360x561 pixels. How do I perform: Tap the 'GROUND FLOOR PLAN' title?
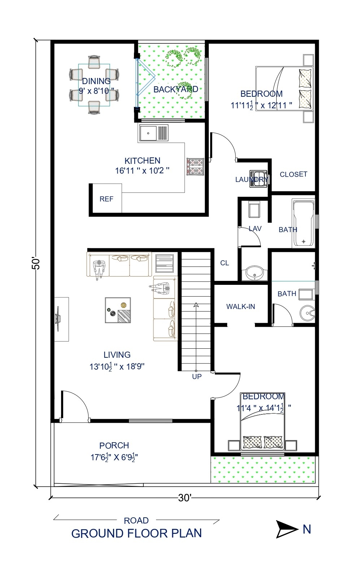point(136,533)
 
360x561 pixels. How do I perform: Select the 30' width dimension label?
point(185,498)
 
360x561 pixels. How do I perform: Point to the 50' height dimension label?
point(36,263)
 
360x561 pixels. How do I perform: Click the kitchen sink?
point(153,133)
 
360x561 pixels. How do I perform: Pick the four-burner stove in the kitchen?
point(195,166)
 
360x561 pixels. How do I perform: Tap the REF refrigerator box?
point(106,199)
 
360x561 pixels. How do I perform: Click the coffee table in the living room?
point(118,310)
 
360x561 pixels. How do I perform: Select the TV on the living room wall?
point(58,319)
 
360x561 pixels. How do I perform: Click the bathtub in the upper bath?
point(303,224)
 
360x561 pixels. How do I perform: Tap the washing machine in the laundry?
point(258,179)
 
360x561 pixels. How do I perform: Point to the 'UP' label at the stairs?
point(197,377)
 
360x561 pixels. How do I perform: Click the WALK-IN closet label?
point(240,306)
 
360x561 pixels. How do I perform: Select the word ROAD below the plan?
point(136,521)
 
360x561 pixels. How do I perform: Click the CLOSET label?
point(293,174)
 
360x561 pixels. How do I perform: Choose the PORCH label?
point(114,445)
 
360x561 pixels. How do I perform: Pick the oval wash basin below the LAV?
point(255,273)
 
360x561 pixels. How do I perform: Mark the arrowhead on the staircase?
point(196,305)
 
